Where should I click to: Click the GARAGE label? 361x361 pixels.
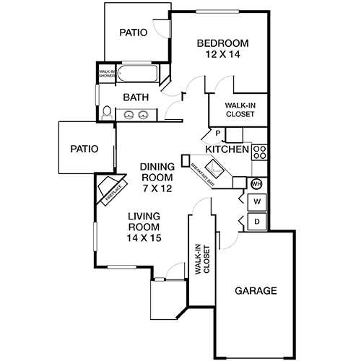(256, 292)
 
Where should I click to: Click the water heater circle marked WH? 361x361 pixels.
(256, 183)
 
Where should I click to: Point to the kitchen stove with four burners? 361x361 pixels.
(260, 152)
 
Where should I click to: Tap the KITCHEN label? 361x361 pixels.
(227, 149)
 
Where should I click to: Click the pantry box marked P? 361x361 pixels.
(217, 134)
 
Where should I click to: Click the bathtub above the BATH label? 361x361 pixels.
(141, 74)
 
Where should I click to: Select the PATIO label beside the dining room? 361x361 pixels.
(84, 149)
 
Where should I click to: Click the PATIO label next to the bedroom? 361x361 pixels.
(134, 32)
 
